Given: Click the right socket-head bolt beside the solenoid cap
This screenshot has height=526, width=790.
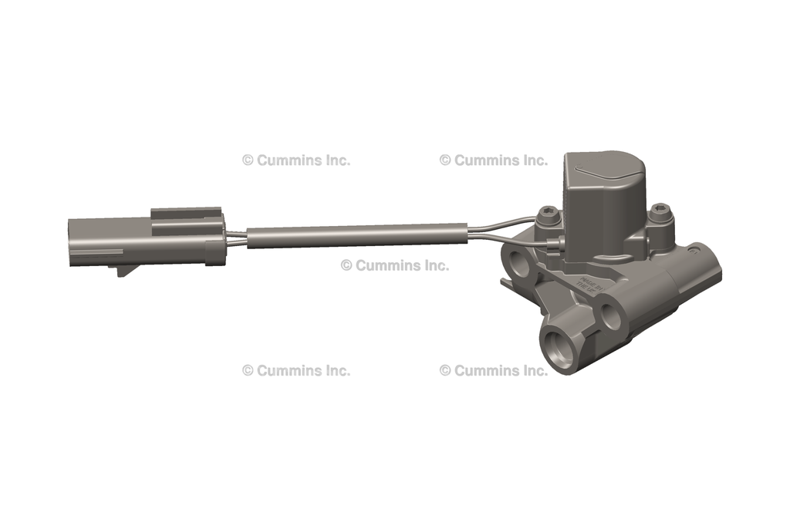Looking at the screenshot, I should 661,211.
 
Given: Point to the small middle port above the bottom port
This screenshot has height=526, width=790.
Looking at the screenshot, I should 613,315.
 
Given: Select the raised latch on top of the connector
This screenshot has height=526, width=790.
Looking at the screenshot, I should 185,212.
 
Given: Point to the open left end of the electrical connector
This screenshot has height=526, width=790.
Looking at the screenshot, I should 73,241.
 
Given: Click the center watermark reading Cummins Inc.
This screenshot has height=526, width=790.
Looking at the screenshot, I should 394,265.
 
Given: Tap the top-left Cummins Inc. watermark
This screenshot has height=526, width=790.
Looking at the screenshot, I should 295,160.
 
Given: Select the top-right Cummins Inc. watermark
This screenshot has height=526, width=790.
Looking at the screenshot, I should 493,160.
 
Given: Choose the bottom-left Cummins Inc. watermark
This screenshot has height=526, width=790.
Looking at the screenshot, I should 295,370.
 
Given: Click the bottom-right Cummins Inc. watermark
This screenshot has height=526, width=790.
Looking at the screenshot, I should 493,370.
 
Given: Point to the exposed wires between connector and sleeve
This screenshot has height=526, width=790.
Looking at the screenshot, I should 235,236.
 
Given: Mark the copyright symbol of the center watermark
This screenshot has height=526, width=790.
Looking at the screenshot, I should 346,265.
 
